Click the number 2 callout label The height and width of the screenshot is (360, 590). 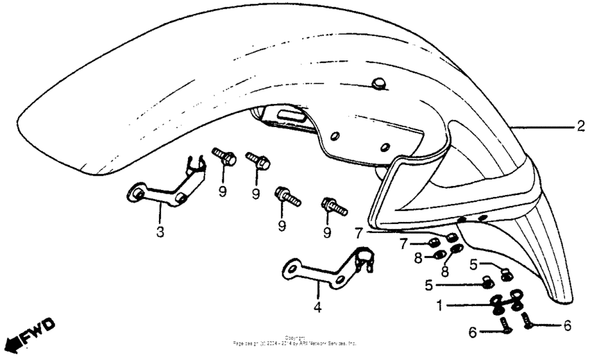[579, 127]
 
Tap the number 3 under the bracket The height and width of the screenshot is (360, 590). [160, 232]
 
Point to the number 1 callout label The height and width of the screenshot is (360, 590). [439, 305]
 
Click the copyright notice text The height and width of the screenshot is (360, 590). [296, 341]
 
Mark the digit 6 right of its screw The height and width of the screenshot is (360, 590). [567, 324]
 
